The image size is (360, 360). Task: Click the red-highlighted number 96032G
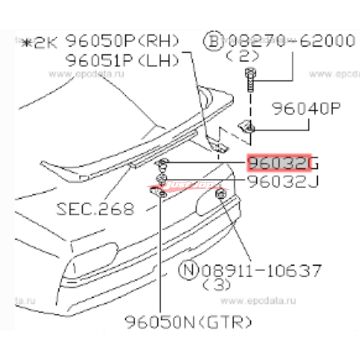pyautogui.click(x=276, y=163)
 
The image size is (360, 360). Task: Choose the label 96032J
pyautogui.click(x=282, y=182)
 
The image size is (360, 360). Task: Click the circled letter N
pyautogui.click(x=186, y=269)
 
